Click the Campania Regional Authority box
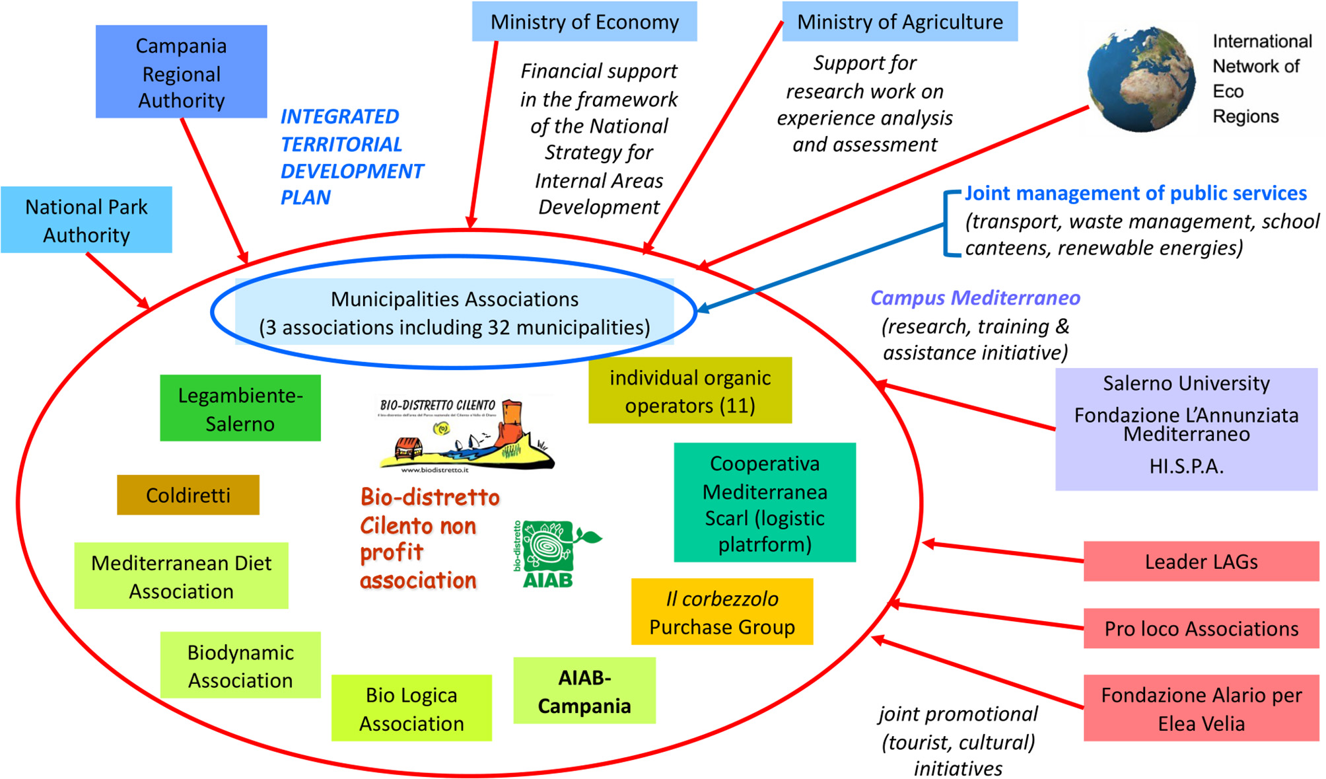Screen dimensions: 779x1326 (x=181, y=72)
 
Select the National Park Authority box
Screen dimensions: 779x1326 (x=87, y=220)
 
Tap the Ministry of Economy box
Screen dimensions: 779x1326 (x=584, y=22)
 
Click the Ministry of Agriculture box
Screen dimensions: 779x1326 (x=899, y=22)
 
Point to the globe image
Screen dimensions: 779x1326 (x=1141, y=79)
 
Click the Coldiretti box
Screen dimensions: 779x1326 (x=188, y=495)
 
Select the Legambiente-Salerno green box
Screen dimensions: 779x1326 (x=240, y=408)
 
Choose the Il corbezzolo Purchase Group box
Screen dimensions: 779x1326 (x=722, y=612)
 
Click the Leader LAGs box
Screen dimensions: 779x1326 (x=1201, y=562)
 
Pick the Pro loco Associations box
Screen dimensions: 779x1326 (x=1201, y=628)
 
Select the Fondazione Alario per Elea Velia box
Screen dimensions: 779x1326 (x=1201, y=708)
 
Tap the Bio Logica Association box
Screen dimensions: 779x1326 (x=411, y=708)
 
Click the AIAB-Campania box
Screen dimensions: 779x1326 (x=584, y=691)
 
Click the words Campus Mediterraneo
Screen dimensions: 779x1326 (x=975, y=298)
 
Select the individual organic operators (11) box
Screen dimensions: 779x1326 (x=690, y=390)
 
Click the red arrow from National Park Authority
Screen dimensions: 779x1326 (x=118, y=281)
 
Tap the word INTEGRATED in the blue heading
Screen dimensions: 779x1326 (x=339, y=117)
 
